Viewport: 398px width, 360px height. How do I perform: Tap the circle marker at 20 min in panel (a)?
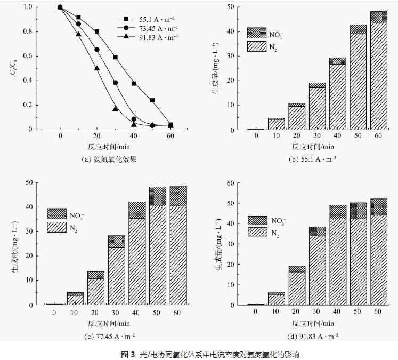tap(97, 50)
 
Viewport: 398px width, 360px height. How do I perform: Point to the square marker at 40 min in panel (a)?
tap(134, 84)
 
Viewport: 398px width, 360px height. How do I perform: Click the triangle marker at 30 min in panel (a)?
tap(115, 109)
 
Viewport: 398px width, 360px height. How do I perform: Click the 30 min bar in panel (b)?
tap(318, 107)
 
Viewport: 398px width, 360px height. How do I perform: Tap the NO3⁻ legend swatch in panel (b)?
tap(257, 33)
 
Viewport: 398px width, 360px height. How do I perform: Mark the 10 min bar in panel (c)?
tap(75, 298)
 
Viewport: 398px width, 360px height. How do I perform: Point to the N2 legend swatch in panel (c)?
tap(56, 227)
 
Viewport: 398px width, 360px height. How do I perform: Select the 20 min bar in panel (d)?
tap(297, 285)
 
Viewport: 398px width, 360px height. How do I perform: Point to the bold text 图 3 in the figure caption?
tap(129, 354)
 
